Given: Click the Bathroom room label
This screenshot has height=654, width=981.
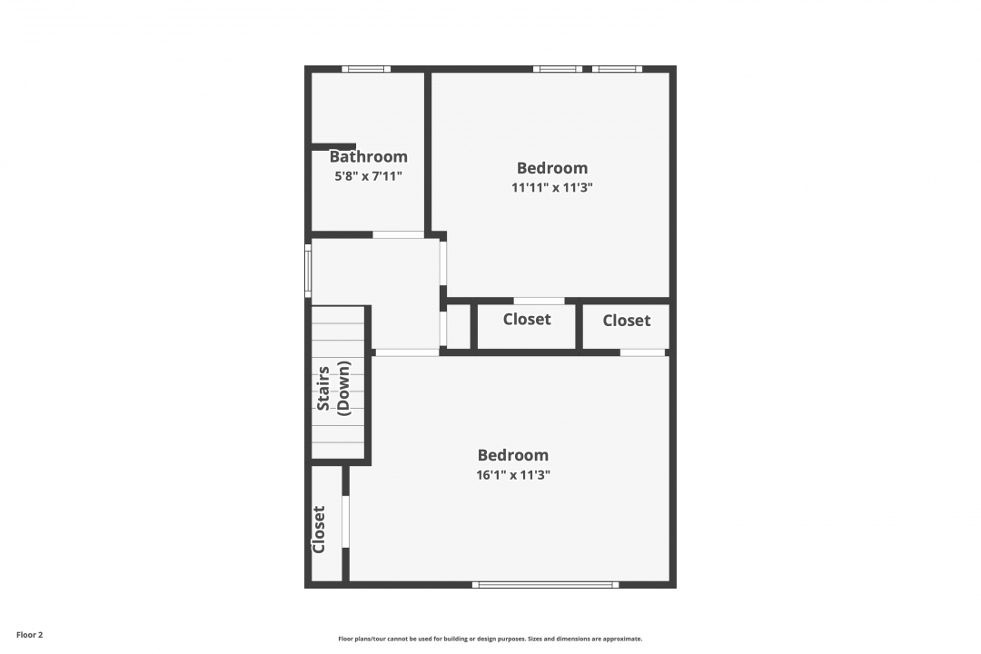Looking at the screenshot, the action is coord(369,156).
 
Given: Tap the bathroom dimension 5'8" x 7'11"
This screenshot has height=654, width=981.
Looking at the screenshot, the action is coord(369,176).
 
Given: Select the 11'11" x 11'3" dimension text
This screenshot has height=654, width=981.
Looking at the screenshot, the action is coord(552,187).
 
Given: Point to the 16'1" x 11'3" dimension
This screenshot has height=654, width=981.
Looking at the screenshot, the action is coord(513,475).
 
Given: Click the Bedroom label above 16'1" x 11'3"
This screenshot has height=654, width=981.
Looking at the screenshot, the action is coord(513,455).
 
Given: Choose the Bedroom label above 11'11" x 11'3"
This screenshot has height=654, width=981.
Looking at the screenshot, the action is coord(552,168).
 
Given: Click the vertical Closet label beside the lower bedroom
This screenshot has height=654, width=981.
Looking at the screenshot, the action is coord(319,530).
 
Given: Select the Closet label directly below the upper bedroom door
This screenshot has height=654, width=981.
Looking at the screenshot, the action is coord(527,319).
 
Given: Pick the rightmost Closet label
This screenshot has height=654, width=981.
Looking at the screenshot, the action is coord(626,321).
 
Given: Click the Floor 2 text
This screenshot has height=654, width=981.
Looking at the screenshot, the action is coord(29,635).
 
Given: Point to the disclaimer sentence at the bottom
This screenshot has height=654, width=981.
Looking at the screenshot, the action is coord(490,639).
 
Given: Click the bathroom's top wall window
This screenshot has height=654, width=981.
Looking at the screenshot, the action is coord(366,69).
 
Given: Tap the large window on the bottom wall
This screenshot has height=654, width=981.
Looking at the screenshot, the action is coord(545,585).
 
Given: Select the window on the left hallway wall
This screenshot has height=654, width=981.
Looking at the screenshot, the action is coord(308,271).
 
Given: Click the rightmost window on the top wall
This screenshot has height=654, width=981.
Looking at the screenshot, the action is coord(617,69).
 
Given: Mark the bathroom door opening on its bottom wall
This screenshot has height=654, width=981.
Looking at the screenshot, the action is coord(399,234).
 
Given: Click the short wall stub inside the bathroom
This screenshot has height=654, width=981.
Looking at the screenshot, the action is coord(333,146).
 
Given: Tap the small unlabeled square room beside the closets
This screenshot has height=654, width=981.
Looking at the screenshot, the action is coord(458,326).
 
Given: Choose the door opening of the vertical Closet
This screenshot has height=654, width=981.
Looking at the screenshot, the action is coord(345,522).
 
